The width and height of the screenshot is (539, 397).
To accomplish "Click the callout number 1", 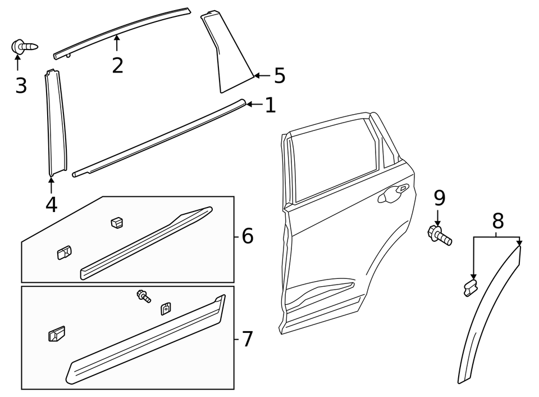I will [x=271, y=105].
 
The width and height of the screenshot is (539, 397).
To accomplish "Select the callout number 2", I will [x=117, y=65].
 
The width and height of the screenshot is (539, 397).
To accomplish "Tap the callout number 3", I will [x=21, y=85].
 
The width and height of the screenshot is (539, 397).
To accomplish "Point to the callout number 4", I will [x=51, y=204].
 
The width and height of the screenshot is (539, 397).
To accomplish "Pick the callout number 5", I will [x=279, y=75].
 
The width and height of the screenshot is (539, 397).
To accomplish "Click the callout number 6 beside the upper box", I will [x=248, y=236].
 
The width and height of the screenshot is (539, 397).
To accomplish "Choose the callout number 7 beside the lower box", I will [x=248, y=339].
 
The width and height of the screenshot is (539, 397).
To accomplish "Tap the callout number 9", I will [x=439, y=197].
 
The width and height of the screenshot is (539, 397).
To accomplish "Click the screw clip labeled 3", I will [x=24, y=47].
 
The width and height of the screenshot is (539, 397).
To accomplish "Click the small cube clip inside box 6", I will [x=117, y=222].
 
